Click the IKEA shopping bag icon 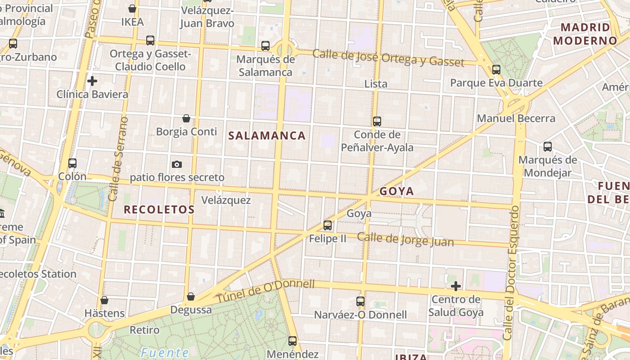[132, 9]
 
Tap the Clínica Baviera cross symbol [92, 81]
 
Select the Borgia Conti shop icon [186, 118]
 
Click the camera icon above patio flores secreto [177, 164]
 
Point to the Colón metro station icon [72, 163]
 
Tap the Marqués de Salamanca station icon [265, 45]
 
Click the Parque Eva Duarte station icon [496, 70]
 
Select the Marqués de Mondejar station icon [548, 146]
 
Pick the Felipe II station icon [328, 225]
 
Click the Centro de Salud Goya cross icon [456, 286]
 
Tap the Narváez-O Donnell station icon [360, 301]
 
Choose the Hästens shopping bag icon [104, 300]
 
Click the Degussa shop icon [191, 297]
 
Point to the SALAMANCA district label [267, 135]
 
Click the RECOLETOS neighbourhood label [159, 209]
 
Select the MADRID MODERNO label [585, 34]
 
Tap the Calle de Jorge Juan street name [405, 239]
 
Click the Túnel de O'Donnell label [265, 291]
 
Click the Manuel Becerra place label [516, 118]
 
